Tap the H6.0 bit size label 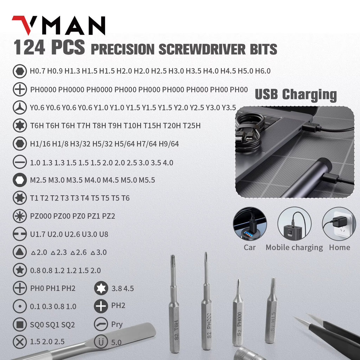[x=263, y=71]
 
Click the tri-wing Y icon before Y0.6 [x=19, y=107]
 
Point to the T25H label [x=193, y=126]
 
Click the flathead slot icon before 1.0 [x=19, y=162]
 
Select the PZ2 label [x=109, y=216]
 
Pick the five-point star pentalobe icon [x=19, y=270]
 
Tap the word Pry [x=117, y=324]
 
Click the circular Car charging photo [x=250, y=224]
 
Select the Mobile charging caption [x=294, y=247]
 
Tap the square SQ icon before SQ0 [x=19, y=324]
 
